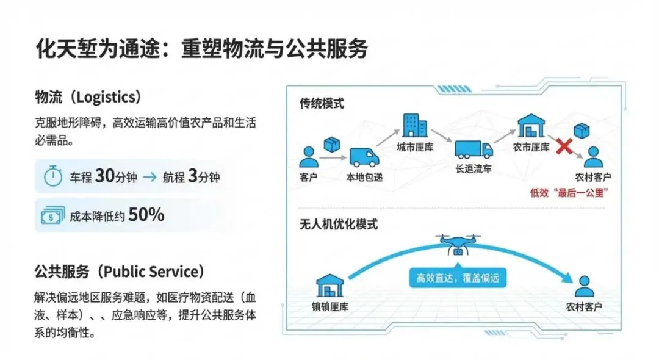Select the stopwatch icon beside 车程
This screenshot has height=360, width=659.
[54, 177]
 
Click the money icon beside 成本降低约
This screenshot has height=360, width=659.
[53, 215]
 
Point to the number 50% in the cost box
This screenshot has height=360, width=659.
[146, 215]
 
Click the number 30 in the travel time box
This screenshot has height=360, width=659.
[105, 177]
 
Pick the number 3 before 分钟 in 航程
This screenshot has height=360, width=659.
[193, 177]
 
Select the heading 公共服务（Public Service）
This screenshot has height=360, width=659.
[120, 271]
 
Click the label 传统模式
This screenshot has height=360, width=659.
[322, 103]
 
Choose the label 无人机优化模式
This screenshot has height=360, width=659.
[339, 224]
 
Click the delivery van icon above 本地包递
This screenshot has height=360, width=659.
[364, 158]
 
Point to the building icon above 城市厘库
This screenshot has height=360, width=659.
[415, 126]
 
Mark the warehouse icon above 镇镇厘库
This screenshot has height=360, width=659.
[330, 285]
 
